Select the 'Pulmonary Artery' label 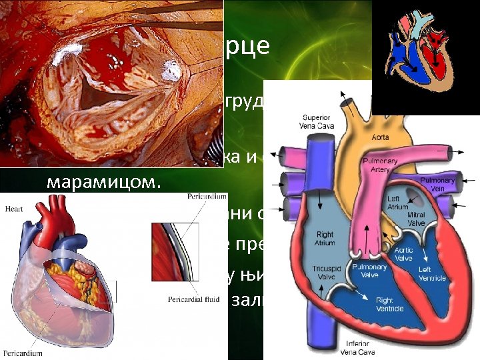coord(379,165)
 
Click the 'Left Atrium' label coord(398,203)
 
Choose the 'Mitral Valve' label coord(417,219)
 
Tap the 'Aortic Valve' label coord(404,254)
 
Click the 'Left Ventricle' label coord(432,273)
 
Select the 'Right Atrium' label coord(325,239)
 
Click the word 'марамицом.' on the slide coord(104,182)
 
